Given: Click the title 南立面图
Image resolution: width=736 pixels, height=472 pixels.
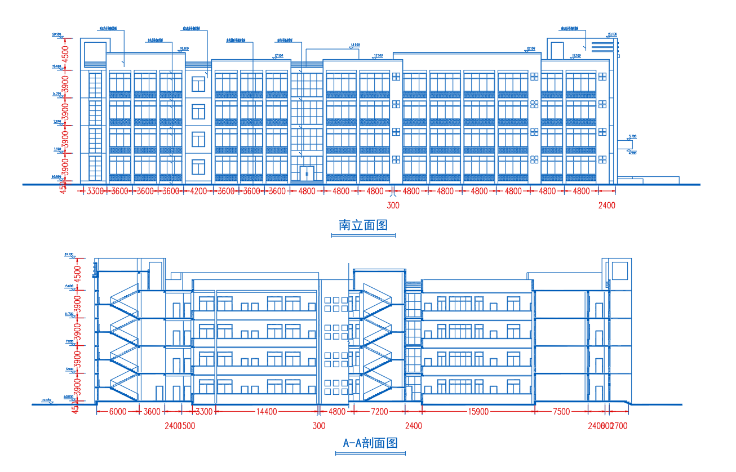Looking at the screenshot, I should (x=363, y=225).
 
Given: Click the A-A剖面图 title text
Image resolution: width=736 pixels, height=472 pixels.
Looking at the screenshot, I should (x=370, y=443).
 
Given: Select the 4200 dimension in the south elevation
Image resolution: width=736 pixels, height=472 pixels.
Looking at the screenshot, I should (x=199, y=192).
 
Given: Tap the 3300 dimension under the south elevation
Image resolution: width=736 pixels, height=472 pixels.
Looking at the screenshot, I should (x=95, y=192).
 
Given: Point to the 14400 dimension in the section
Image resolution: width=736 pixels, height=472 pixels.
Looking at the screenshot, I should (x=266, y=412).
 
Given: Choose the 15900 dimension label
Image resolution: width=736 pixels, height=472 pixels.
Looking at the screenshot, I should (x=478, y=412).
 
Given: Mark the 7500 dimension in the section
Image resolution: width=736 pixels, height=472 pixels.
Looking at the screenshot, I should (x=561, y=412).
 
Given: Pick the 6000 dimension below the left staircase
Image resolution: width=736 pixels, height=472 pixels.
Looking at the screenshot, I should (x=117, y=412).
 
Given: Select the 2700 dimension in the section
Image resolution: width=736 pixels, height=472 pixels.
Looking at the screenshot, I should (x=619, y=426).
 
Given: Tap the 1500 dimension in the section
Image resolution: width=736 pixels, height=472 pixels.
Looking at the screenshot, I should (x=188, y=426).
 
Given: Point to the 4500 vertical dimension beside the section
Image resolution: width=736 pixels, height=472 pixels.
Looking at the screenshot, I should (x=78, y=273).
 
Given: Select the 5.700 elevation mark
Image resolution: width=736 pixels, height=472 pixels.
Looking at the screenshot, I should (x=632, y=136).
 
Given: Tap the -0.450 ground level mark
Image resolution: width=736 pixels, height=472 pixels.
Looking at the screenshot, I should (x=46, y=400).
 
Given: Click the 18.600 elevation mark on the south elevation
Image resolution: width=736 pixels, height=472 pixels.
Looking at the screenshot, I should (x=355, y=45).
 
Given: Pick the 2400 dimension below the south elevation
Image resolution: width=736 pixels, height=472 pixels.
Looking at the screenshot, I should (x=606, y=206).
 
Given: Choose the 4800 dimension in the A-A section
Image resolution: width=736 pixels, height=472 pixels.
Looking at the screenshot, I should (x=336, y=412).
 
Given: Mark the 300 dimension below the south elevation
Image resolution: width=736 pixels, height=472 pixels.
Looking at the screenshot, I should (x=393, y=206).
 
